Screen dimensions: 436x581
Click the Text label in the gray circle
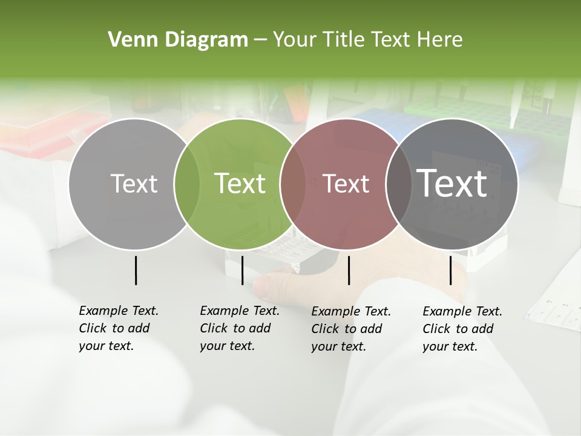point(134,183)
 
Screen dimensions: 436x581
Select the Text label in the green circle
point(240,183)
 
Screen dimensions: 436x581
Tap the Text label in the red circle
point(346,183)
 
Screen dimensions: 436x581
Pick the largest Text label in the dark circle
point(452,183)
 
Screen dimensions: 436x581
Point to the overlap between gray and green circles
point(187,183)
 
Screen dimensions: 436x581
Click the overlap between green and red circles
point(293,183)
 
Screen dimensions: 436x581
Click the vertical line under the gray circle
point(136,270)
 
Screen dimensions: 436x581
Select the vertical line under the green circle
point(242,270)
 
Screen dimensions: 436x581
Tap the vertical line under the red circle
point(349,270)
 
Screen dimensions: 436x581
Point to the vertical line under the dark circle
point(450,270)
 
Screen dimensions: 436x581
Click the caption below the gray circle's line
point(118,328)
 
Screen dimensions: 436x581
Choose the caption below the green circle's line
point(239,328)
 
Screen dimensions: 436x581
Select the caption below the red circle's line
point(350,329)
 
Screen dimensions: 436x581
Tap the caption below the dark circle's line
point(462,329)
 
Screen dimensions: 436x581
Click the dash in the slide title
point(260,41)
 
